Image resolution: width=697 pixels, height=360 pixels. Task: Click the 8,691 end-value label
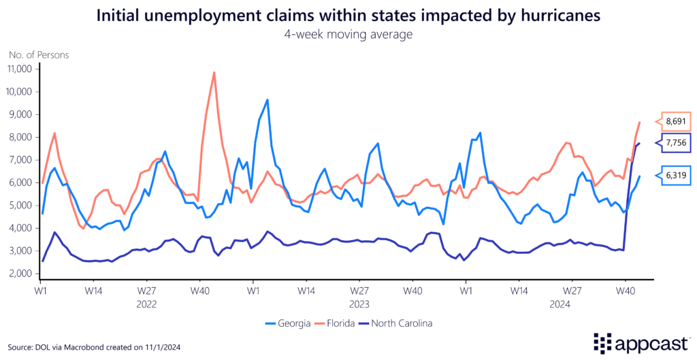coord(675,121)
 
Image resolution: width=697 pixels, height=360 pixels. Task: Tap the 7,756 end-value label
coord(675,143)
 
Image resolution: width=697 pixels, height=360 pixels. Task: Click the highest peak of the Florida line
coord(214,73)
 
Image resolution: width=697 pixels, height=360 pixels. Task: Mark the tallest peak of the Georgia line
coord(268,100)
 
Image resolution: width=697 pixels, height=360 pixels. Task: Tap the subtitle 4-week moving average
coord(348,33)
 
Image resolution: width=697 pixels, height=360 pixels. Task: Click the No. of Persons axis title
coord(39,54)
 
